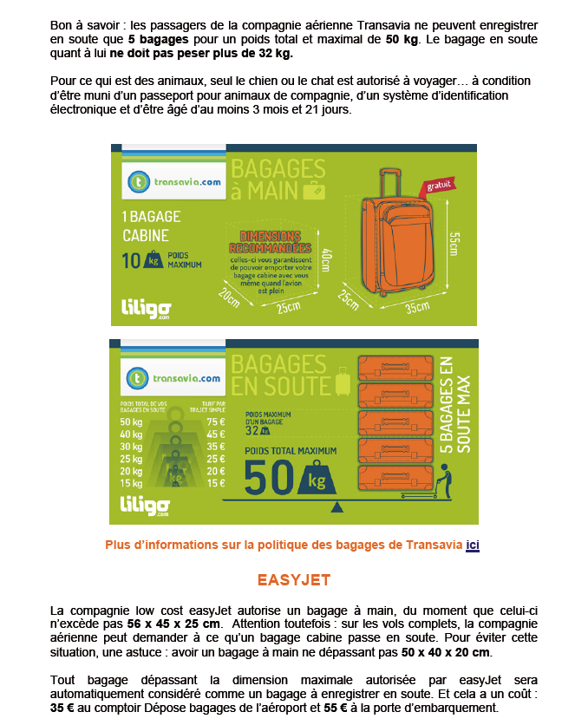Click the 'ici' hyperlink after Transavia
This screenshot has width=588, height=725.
coord(473,545)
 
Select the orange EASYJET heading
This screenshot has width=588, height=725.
coord(293,579)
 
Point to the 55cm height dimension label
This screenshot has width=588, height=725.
coord(453,244)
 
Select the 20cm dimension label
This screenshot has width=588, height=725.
coord(229,297)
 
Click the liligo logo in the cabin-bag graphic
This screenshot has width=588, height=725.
coord(146,309)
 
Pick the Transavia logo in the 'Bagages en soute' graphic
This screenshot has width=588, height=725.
coord(173,379)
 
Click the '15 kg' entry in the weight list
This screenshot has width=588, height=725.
coord(131,483)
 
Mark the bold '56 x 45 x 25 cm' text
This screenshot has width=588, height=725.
coord(174,624)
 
